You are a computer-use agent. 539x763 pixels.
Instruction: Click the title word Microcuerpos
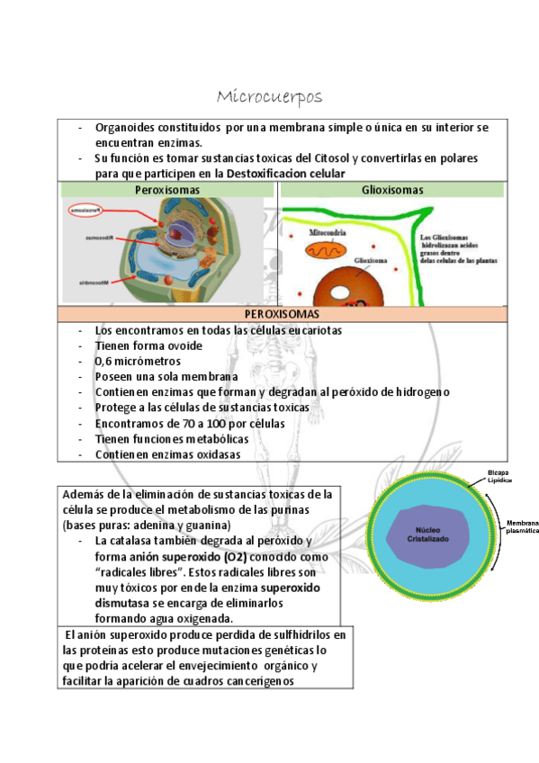(x=269, y=96)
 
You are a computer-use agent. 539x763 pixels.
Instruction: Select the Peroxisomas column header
(x=167, y=190)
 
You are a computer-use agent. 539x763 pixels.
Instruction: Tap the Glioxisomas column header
(x=392, y=190)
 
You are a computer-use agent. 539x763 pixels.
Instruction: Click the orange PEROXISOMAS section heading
(x=282, y=314)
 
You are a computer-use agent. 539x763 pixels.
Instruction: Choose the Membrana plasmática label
(x=520, y=526)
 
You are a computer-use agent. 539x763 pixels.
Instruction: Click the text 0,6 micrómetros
(x=138, y=362)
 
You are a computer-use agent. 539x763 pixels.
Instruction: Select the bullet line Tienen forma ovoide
(x=148, y=346)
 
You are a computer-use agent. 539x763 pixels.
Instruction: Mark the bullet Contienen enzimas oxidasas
(x=168, y=454)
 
